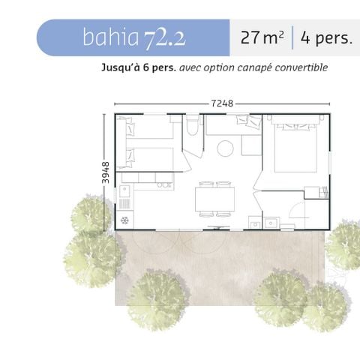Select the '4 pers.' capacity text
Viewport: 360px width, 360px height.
click(x=325, y=37)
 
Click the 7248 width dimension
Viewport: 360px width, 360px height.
click(x=222, y=103)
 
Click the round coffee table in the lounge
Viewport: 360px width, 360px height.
click(x=226, y=148)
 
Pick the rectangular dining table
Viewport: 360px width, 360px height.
click(x=214, y=199)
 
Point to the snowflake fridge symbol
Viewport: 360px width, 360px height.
click(x=124, y=220)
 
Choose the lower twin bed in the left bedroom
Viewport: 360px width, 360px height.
click(x=146, y=159)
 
